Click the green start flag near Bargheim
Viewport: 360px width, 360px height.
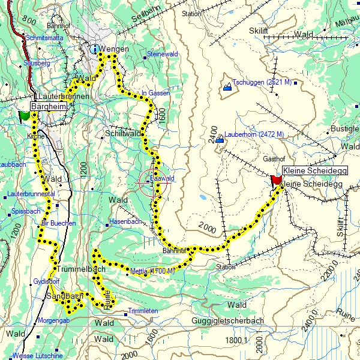[25, 115]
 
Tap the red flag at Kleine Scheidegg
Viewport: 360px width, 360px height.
[277, 179]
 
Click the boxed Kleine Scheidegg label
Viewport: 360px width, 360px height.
[314, 171]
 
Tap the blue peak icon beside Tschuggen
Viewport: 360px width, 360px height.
[227, 88]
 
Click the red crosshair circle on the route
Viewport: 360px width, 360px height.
[155, 184]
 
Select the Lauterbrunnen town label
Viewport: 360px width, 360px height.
[63, 96]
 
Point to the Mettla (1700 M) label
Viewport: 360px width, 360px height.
[152, 271]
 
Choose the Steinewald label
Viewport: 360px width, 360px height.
[163, 55]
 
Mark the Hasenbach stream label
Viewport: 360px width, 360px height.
[125, 221]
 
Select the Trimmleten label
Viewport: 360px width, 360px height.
[143, 311]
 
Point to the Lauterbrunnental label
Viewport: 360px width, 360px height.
[31, 194]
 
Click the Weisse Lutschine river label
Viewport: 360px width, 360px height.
[37, 356]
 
